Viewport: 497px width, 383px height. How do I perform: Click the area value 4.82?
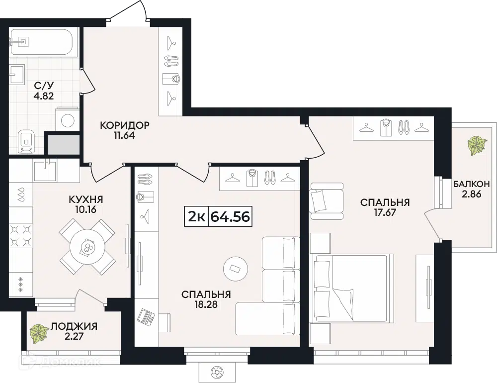44,96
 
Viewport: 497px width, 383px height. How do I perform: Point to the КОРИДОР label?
125,125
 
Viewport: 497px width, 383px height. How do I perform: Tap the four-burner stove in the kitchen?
20,235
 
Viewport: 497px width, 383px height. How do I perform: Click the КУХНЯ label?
86,199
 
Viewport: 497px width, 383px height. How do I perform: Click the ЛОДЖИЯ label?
74,326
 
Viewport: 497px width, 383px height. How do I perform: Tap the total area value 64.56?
230,217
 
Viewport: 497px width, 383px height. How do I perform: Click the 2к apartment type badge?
196,217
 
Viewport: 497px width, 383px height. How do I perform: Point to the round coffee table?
236,269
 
